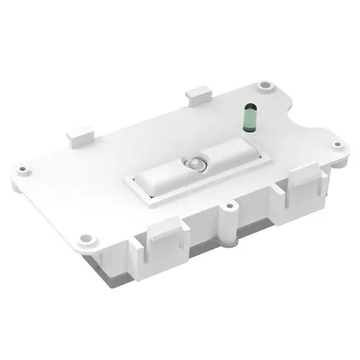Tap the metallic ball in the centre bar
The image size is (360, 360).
click(x=195, y=164)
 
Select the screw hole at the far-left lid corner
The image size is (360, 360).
click(x=24, y=170)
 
